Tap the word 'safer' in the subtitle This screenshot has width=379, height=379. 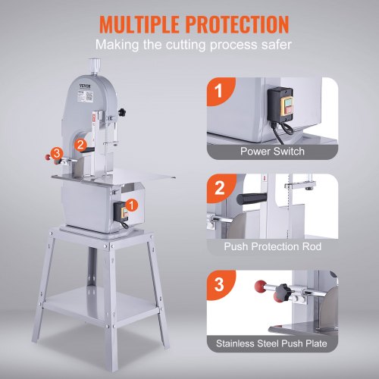272,47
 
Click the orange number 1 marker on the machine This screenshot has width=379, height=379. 133,204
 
